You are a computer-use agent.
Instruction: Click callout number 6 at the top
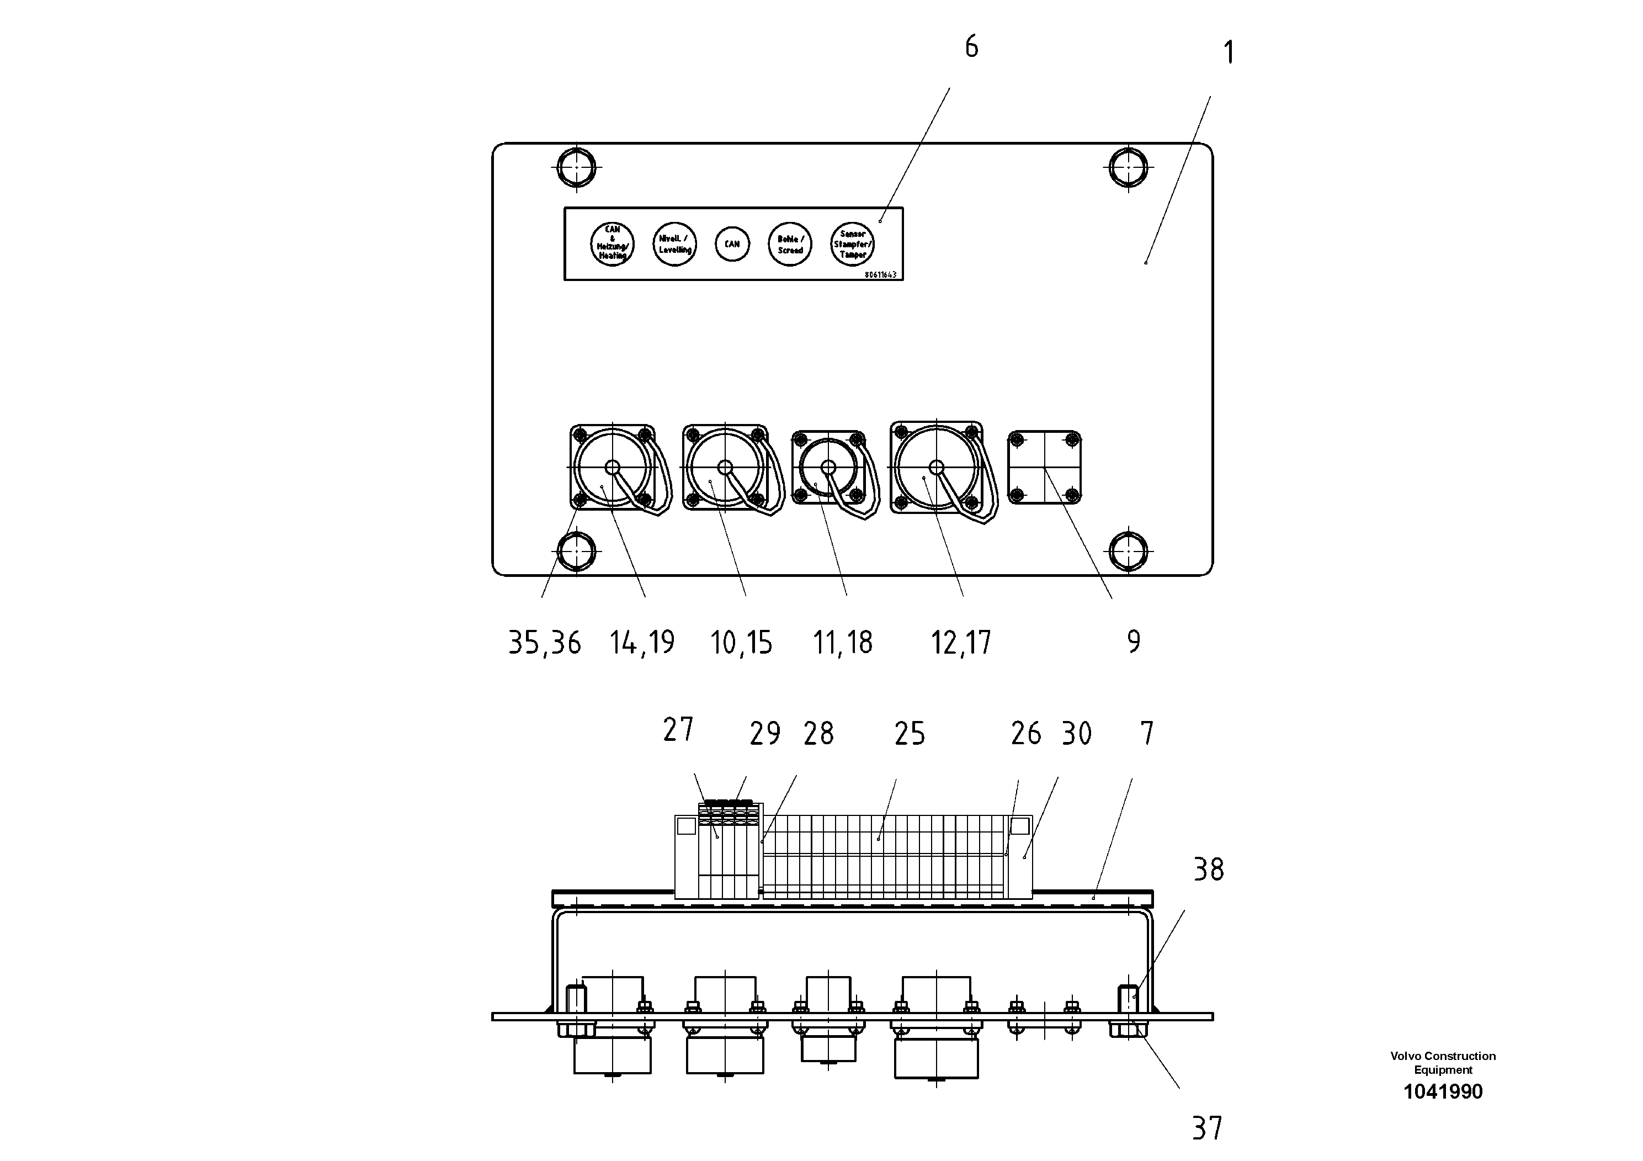click(971, 47)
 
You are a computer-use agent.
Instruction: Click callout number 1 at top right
click(1228, 53)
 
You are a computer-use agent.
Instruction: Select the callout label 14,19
click(642, 643)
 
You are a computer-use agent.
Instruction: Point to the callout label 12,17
click(960, 643)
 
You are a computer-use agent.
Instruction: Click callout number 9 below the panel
click(1134, 642)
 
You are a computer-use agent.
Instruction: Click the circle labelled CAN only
click(732, 244)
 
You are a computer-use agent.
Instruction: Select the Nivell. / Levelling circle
click(675, 244)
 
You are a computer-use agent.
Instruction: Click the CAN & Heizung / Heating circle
click(613, 244)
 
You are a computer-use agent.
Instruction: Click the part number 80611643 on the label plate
click(880, 275)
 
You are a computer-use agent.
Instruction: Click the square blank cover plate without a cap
click(1044, 468)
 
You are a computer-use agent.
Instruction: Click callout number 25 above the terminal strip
click(910, 734)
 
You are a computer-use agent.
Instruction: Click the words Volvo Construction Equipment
click(1443, 1063)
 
